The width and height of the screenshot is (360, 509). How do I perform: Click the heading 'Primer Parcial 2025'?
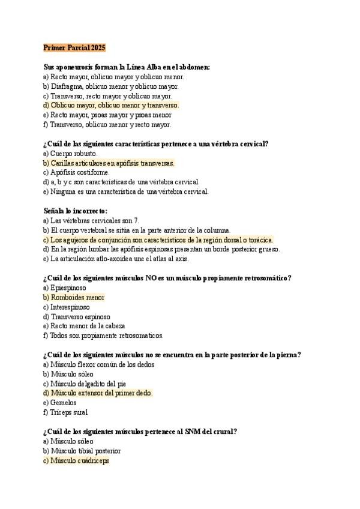[74, 47]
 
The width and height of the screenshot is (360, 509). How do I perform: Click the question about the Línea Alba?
[127, 67]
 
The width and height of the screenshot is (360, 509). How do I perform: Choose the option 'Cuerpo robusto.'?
[70, 153]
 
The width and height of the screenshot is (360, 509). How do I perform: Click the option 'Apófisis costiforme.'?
[76, 172]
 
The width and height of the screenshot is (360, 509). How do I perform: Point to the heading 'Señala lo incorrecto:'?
[76, 211]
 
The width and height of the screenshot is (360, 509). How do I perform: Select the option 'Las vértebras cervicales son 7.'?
[91, 220]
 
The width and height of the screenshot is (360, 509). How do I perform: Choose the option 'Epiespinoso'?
[64, 288]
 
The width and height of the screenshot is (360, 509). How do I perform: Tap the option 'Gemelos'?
[61, 403]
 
